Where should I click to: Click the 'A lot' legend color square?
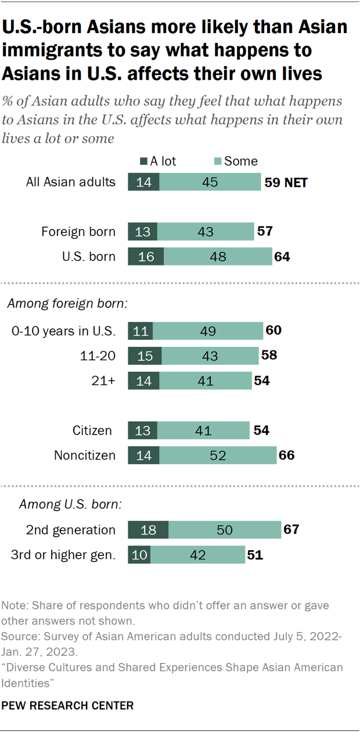[143, 162]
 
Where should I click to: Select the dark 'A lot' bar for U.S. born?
[146, 256]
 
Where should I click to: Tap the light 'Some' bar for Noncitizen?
[218, 455]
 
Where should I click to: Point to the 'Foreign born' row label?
[78, 232]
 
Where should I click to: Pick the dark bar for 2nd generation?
[148, 530]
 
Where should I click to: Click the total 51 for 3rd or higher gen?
[255, 554]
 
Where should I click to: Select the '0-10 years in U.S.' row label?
[64, 332]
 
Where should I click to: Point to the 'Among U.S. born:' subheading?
[70, 504]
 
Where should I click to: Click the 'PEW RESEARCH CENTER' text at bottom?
[68, 705]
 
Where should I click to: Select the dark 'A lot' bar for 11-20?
[145, 357]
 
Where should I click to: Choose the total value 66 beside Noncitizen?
[286, 455]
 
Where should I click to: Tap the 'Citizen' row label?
[93, 430]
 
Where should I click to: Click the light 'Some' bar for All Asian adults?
[210, 182]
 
